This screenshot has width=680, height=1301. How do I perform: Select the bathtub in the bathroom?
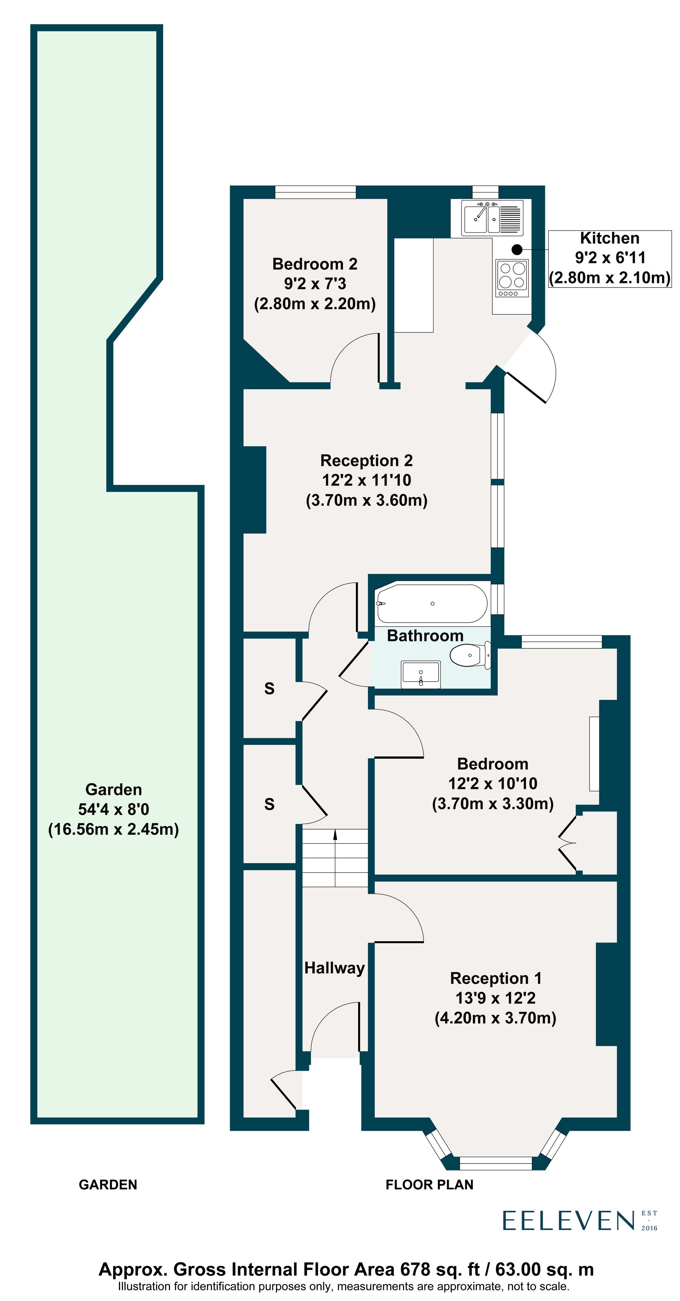point(431,604)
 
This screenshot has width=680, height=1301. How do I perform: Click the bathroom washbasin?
point(421,674)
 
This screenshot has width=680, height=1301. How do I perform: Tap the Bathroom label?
point(425,635)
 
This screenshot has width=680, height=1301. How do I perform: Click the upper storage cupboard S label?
point(269,688)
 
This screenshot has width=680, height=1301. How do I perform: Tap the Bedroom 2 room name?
point(314,264)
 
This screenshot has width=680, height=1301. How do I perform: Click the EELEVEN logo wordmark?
point(568,1221)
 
